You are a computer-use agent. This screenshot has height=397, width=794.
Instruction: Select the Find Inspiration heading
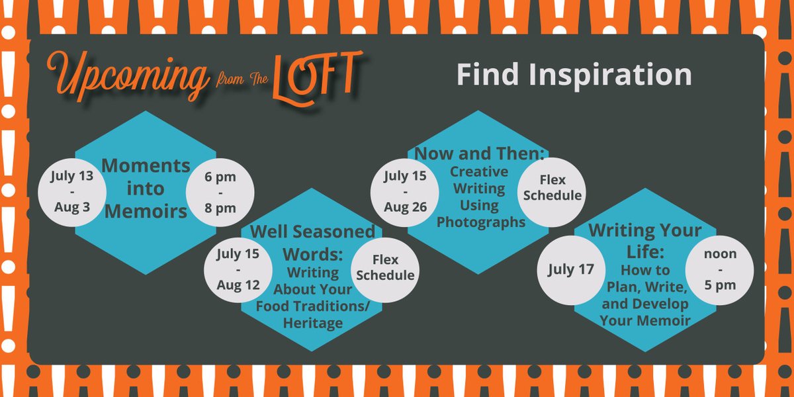click(x=574, y=75)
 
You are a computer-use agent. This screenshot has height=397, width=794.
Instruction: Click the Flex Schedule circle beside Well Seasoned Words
click(x=386, y=267)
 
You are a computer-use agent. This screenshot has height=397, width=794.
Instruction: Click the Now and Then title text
click(x=479, y=154)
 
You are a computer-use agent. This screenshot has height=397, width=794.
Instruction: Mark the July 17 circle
click(x=570, y=269)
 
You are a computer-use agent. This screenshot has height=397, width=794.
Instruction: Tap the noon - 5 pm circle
click(x=719, y=269)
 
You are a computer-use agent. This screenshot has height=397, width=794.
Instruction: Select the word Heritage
click(x=313, y=323)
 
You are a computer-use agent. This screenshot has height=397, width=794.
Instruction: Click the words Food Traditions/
click(x=312, y=306)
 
